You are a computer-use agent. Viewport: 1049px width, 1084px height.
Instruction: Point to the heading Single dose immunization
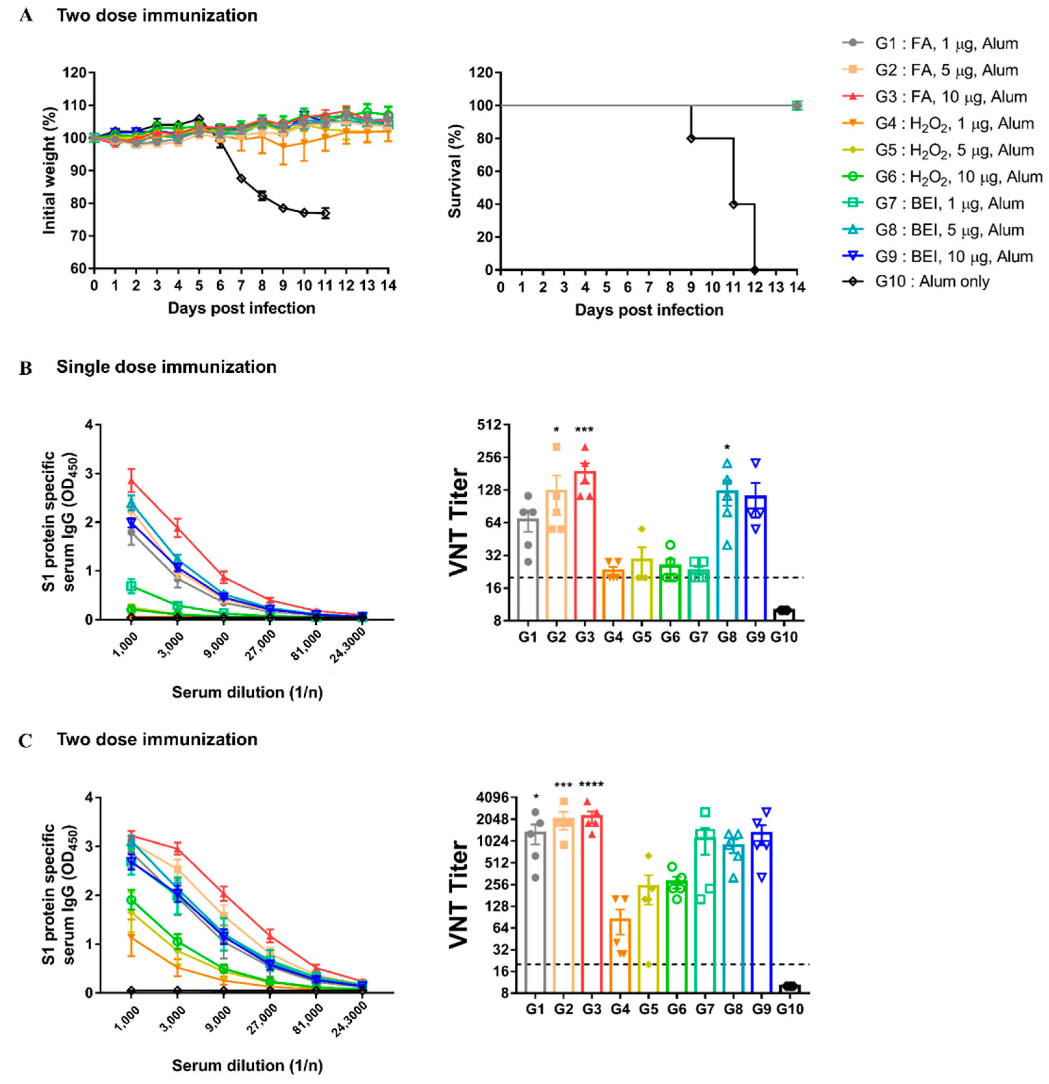166,367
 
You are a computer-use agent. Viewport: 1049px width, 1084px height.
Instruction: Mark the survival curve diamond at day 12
755,270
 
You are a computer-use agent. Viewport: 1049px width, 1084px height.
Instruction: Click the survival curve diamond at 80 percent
691,138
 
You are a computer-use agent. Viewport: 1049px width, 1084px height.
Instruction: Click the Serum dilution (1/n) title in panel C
247,1065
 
